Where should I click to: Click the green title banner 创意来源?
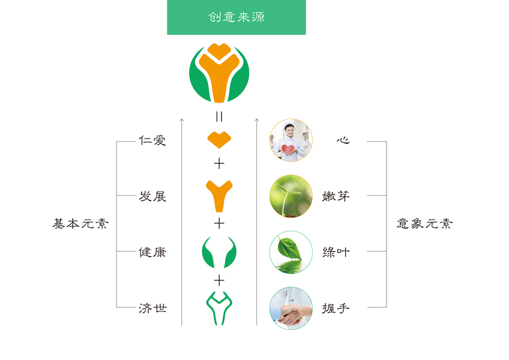pos(236,17)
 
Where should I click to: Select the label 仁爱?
pos(152,141)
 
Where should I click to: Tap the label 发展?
pos(152,196)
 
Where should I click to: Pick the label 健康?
pos(152,252)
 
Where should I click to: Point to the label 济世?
pos(152,308)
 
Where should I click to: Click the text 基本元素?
pos(80,224)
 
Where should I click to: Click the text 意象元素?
pos(425,224)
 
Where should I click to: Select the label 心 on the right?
pos(343,141)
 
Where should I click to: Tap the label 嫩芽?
pos(336,196)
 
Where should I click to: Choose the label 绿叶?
pos(336,252)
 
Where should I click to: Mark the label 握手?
pos(336,308)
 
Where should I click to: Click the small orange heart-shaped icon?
pos(219,140)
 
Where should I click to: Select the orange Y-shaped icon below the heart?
pos(219,196)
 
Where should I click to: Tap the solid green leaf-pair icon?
pos(219,252)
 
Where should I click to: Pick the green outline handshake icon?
pos(219,308)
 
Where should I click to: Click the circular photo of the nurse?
pos(291,140)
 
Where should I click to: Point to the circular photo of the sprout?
pos(291,196)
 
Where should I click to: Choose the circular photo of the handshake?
pos(291,308)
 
